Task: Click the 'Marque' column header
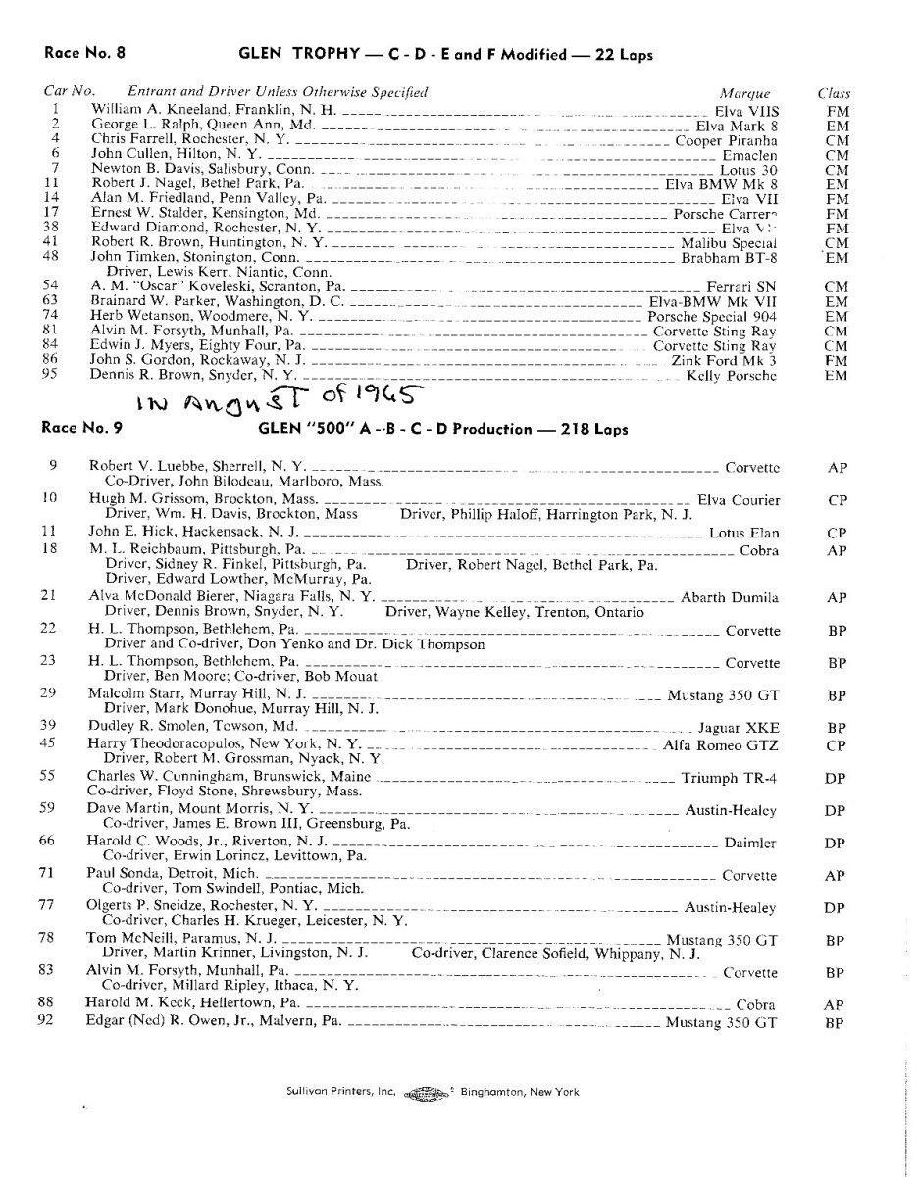[x=744, y=93]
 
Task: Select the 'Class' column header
[x=834, y=93]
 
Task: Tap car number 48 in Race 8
[x=56, y=257]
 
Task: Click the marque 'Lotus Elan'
[x=743, y=533]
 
